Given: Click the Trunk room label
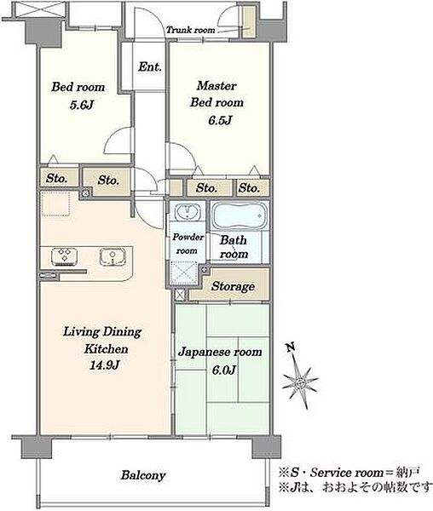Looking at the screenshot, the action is click(x=191, y=31).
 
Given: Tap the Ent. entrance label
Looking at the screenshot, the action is click(x=150, y=66).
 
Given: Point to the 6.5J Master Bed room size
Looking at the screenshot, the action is click(x=220, y=120).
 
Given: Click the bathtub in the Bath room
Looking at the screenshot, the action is click(x=240, y=216).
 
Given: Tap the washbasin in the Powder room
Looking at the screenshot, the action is click(x=188, y=212).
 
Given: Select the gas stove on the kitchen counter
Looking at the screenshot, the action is click(x=65, y=256).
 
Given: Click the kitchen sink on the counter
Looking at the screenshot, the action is click(x=113, y=256).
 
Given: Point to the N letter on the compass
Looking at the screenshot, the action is click(x=291, y=347).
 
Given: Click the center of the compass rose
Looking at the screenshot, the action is click(x=300, y=382).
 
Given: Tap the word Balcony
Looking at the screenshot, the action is click(x=143, y=475).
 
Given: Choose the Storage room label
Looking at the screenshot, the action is click(x=233, y=286).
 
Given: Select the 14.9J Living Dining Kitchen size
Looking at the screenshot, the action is click(x=104, y=365).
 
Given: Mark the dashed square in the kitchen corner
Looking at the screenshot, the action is click(x=55, y=204).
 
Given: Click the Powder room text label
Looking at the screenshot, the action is click(x=188, y=244).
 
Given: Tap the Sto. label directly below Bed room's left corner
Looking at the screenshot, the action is click(x=57, y=178).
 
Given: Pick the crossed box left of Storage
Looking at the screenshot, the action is click(x=180, y=295).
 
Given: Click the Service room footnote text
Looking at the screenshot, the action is click(x=349, y=472).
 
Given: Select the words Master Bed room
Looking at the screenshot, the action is click(x=216, y=95).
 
